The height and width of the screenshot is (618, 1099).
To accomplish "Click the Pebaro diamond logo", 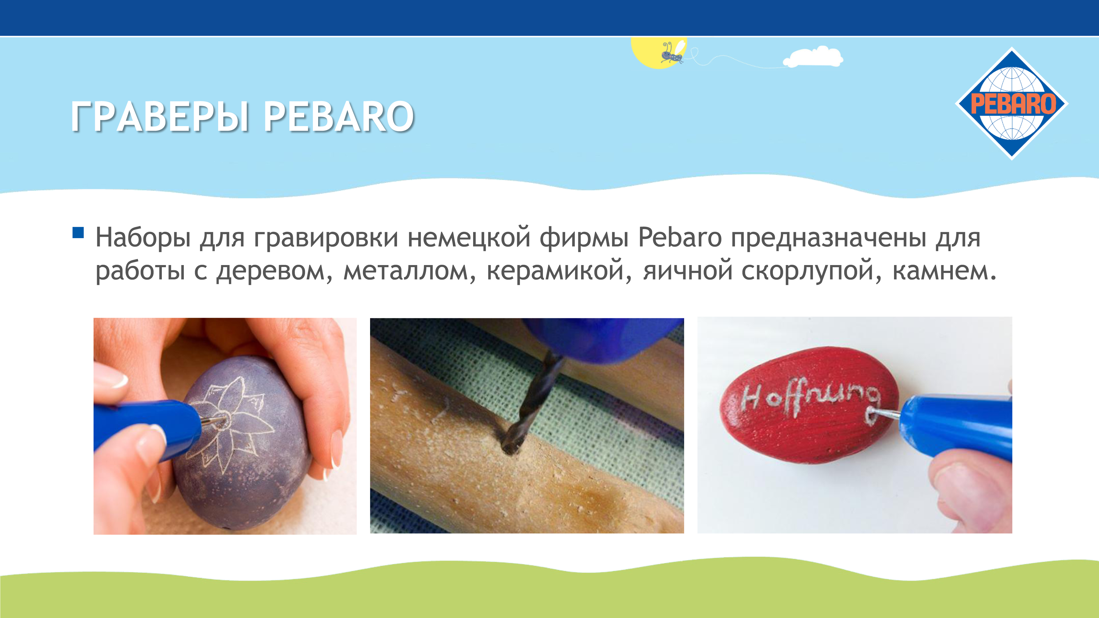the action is coord(1012,104).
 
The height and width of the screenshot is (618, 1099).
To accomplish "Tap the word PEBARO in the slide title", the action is coord(338,116).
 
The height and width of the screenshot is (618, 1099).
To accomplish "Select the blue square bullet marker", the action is coord(78,232).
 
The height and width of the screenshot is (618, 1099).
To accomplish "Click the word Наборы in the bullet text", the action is coord(143,238).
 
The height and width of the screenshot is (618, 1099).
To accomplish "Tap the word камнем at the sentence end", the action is coord(944,271).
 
